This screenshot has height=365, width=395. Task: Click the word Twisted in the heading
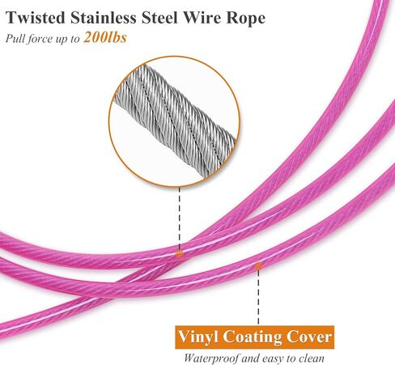pyautogui.click(x=36, y=18)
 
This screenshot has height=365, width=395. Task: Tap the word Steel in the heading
pyautogui.click(x=159, y=18)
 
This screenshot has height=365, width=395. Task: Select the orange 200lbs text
pyautogui.click(x=105, y=37)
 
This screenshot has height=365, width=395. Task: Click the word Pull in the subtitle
pyautogui.click(x=15, y=38)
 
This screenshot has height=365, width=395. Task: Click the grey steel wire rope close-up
pyautogui.click(x=175, y=121)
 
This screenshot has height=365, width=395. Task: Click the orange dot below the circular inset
pyautogui.click(x=179, y=253)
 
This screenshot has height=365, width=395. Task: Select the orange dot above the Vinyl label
pyautogui.click(x=258, y=266)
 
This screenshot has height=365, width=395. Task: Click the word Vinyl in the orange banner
pyautogui.click(x=198, y=337)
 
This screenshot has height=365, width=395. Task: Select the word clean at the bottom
pyautogui.click(x=312, y=359)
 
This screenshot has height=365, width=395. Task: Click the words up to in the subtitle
pyautogui.click(x=68, y=39)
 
